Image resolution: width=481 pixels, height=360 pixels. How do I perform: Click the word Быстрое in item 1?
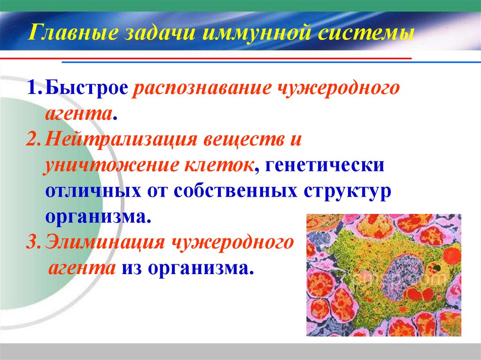point(87,89)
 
